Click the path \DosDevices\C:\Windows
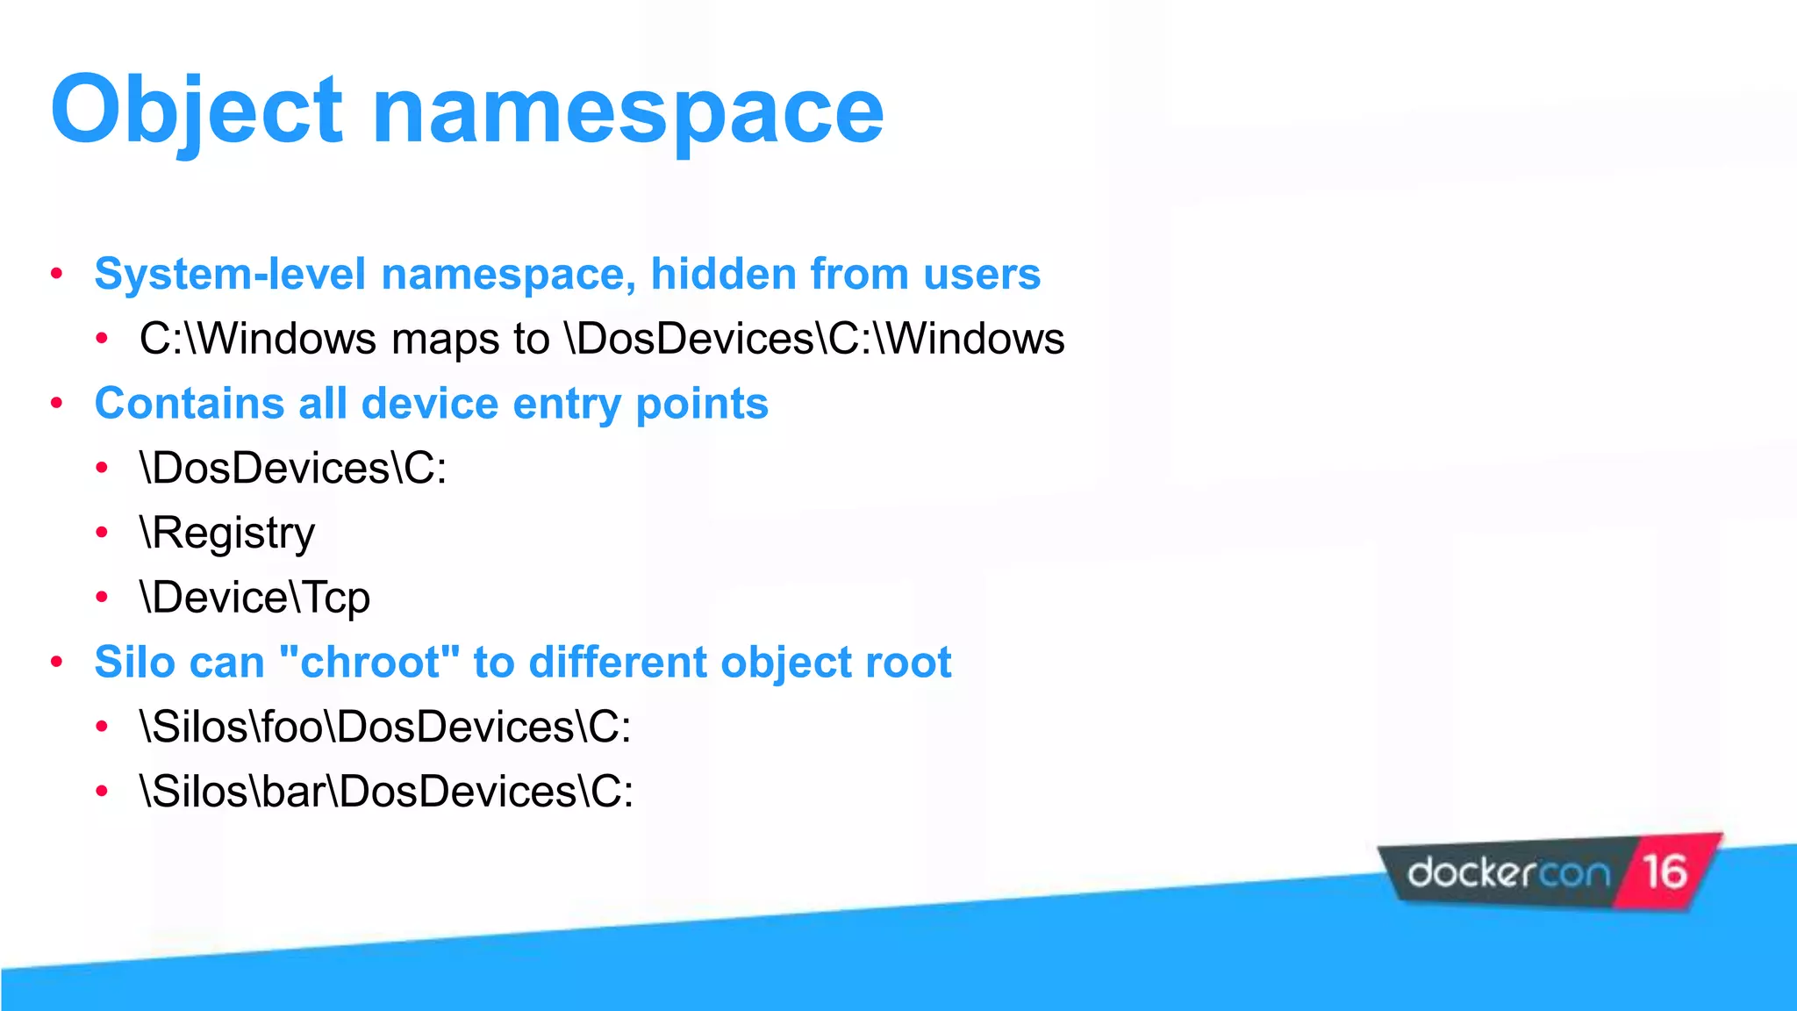(x=815, y=339)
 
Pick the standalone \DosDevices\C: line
(x=293, y=468)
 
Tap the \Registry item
(x=227, y=533)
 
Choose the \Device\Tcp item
(x=254, y=598)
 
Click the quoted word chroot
(x=369, y=662)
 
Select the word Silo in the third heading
(x=132, y=662)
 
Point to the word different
(x=617, y=662)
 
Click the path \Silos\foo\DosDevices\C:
(x=385, y=727)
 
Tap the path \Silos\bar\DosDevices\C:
(x=386, y=792)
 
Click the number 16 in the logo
(x=1665, y=871)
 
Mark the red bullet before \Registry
(x=102, y=533)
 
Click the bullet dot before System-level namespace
(x=57, y=274)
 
